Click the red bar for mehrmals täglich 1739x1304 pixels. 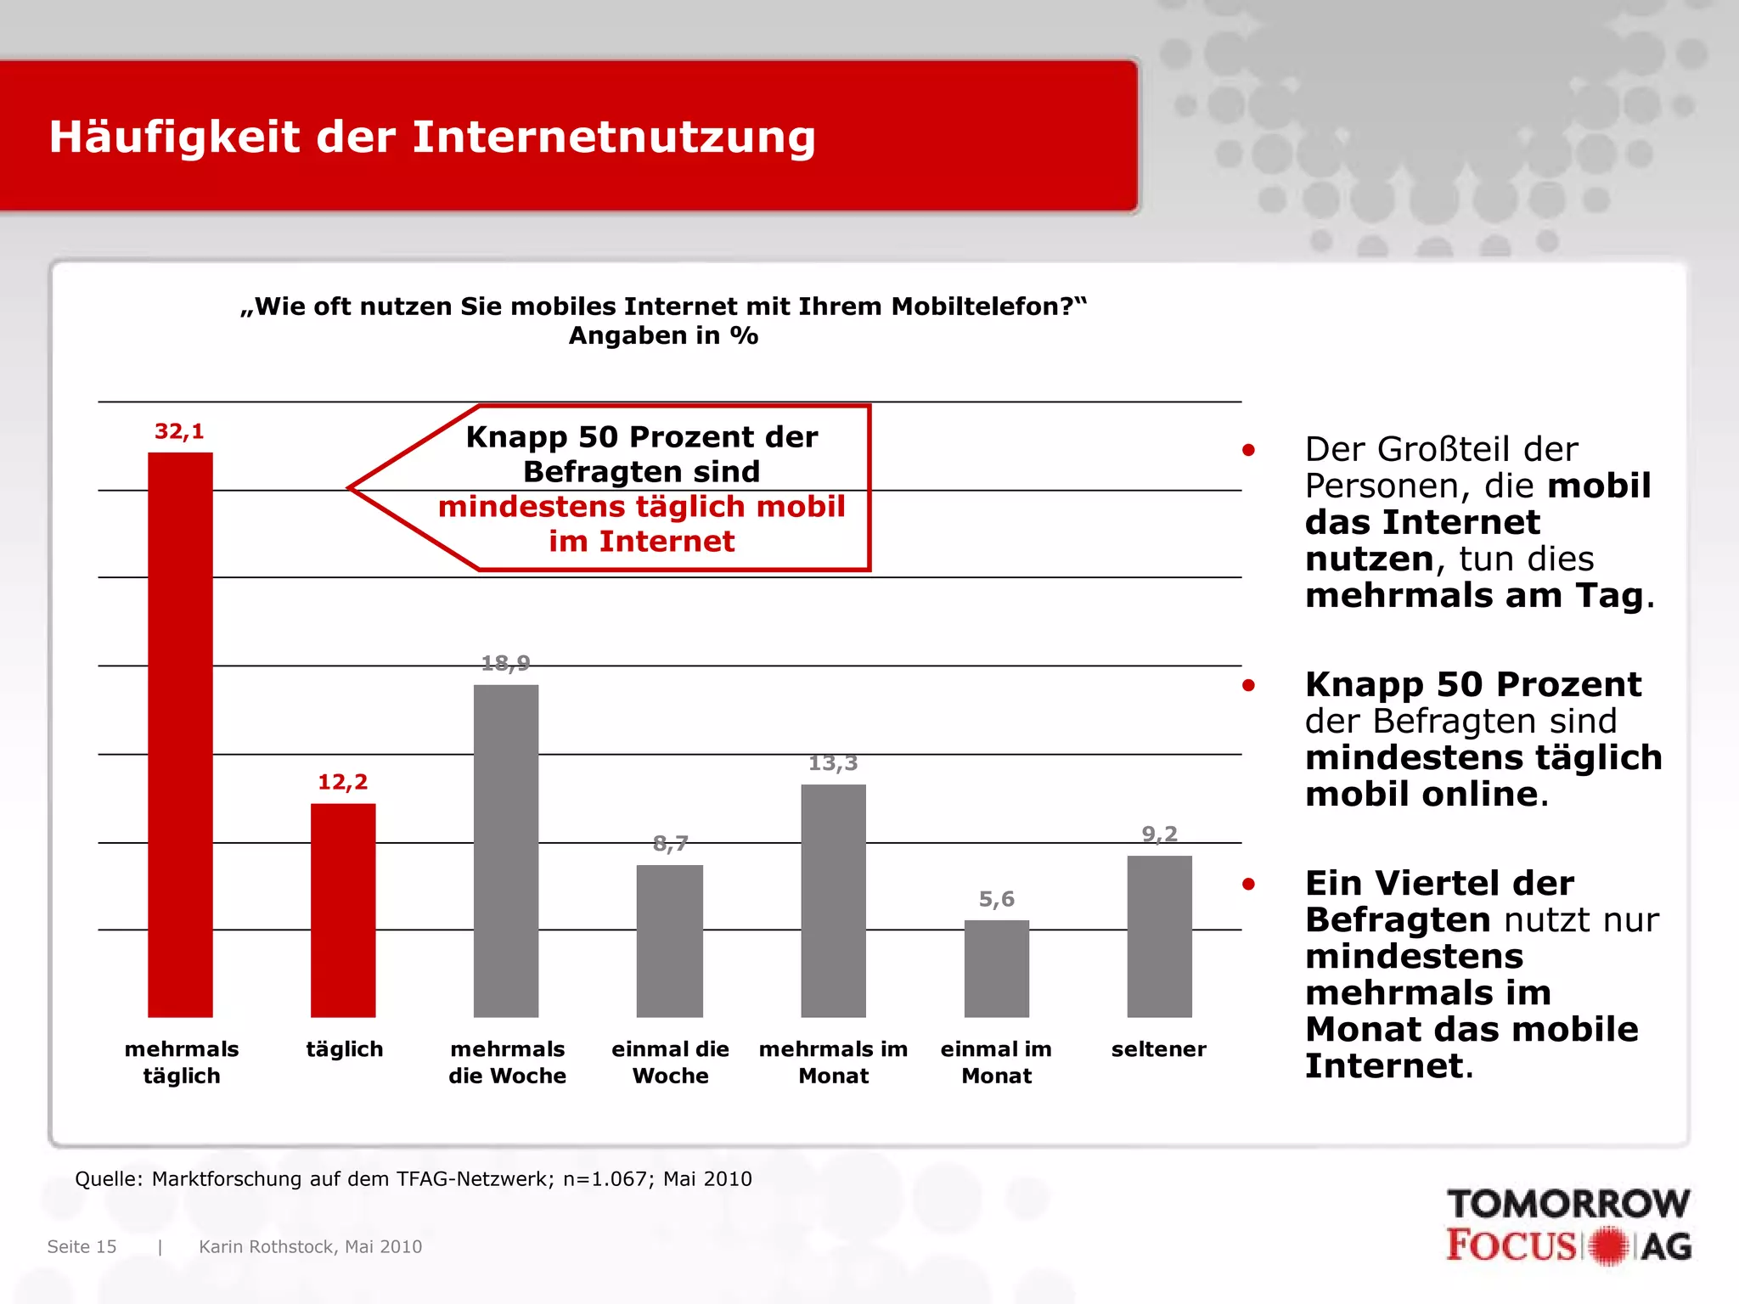point(180,734)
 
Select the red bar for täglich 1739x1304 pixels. point(343,910)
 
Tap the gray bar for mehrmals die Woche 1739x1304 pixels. point(506,851)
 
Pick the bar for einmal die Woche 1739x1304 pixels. point(670,941)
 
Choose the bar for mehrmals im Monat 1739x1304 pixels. point(833,901)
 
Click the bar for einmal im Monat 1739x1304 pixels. point(996,969)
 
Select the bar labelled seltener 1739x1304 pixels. point(1159,936)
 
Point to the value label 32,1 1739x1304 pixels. point(179,431)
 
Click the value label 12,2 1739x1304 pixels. point(343,782)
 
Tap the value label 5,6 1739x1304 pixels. point(996,899)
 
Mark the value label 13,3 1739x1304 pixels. point(833,763)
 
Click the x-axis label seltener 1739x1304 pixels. point(1158,1049)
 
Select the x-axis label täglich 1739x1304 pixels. point(344,1049)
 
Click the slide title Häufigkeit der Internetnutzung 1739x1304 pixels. point(432,137)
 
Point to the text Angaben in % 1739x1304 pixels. point(663,335)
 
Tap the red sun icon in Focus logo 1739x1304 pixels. point(1608,1246)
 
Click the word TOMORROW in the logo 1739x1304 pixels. point(1567,1204)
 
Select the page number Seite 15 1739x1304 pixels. point(82,1246)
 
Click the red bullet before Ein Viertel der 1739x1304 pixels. point(1248,884)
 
